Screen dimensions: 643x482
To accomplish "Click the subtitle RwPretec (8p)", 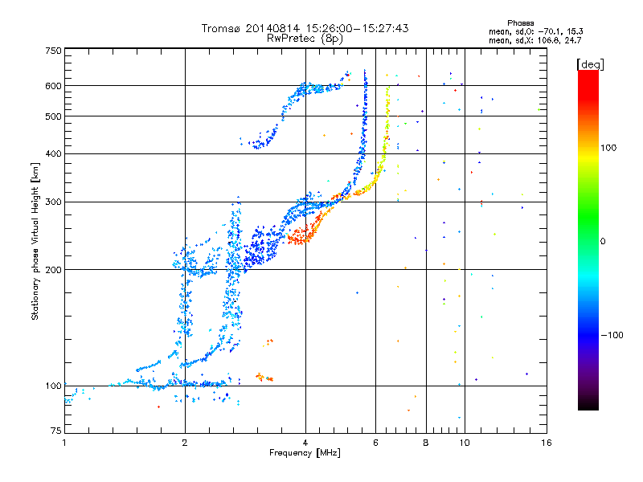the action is point(305,39).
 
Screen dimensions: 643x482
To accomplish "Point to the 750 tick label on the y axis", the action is point(54,51).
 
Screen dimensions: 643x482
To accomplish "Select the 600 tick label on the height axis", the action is point(54,86).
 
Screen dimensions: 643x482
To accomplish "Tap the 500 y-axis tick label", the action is point(54,116).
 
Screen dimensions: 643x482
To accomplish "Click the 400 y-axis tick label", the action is point(54,154).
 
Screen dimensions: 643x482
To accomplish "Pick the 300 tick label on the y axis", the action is point(54,202).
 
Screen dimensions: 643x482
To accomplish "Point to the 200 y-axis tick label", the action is point(54,270).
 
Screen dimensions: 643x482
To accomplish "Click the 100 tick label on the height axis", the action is point(54,386).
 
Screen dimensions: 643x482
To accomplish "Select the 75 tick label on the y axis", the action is point(56,431).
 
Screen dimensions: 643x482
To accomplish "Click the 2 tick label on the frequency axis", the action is point(185,443).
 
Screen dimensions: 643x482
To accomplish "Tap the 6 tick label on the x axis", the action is point(375,443).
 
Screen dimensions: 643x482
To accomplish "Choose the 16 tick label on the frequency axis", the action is point(547,443).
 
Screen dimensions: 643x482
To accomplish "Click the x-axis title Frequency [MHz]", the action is point(305,453).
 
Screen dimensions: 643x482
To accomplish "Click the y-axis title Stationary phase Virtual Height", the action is point(35,242).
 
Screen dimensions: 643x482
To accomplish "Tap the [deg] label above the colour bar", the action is point(590,64).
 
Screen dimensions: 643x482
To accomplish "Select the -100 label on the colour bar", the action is point(612,335).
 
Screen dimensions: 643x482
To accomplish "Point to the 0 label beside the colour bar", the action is point(603,242).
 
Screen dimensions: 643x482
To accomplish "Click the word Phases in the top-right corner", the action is point(520,23).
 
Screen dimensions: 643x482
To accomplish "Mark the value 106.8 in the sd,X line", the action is point(549,41).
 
